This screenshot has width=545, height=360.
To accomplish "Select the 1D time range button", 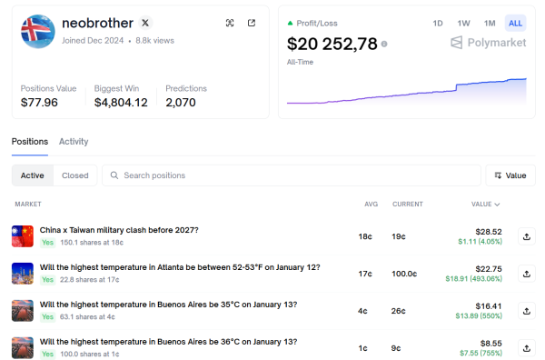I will pos(438,23).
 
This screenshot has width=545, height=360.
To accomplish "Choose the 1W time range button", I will pos(463,23).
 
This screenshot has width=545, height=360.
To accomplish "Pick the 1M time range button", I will pos(490,23).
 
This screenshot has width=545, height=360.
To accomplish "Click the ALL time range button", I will pos(515,23).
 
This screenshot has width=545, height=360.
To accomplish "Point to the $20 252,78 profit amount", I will pos(332,44).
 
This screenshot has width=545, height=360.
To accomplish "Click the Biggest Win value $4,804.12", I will pos(120,103).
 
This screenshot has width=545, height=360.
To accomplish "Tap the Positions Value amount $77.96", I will pos(39,103).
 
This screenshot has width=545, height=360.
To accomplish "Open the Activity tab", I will pos(74,142).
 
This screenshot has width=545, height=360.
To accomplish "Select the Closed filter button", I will pos(74,175).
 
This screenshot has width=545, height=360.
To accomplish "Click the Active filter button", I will pos(32,175).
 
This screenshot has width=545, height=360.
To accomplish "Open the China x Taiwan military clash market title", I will pos(119,230).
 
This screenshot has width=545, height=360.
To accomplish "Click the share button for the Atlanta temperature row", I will pos(526,274).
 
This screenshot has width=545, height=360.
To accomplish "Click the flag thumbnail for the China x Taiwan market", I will pos(23,236).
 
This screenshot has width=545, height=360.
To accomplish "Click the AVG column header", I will pos(364,205).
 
